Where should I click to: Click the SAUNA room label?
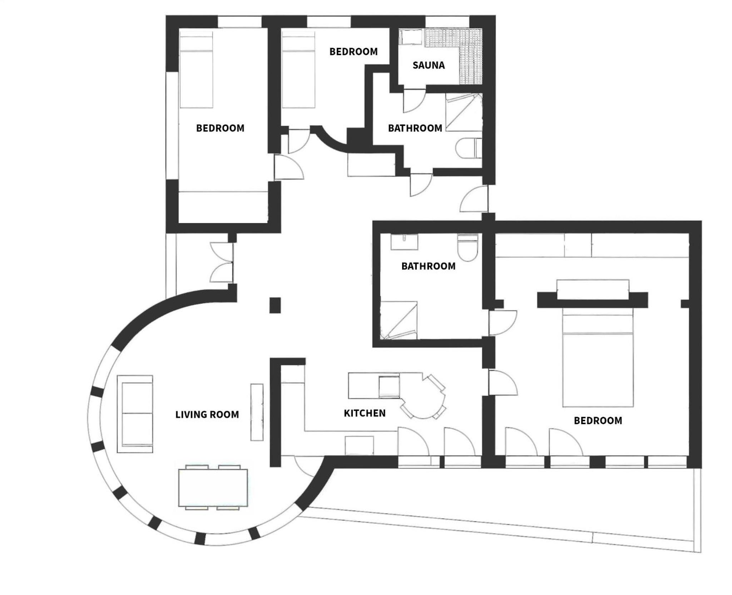429,65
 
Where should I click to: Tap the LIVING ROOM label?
207,414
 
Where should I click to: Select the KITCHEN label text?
365,413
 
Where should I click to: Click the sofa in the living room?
135,414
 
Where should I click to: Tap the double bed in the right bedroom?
598,358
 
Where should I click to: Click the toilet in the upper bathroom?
469,148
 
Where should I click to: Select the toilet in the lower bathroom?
468,247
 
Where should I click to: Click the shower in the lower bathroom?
399,320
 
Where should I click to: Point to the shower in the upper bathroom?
464,112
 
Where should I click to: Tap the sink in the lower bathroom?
404,242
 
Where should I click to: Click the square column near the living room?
275,305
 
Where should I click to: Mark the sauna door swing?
414,102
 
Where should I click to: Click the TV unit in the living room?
257,412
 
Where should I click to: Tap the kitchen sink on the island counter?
389,386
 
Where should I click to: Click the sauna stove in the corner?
411,37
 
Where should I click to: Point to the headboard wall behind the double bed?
593,300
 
